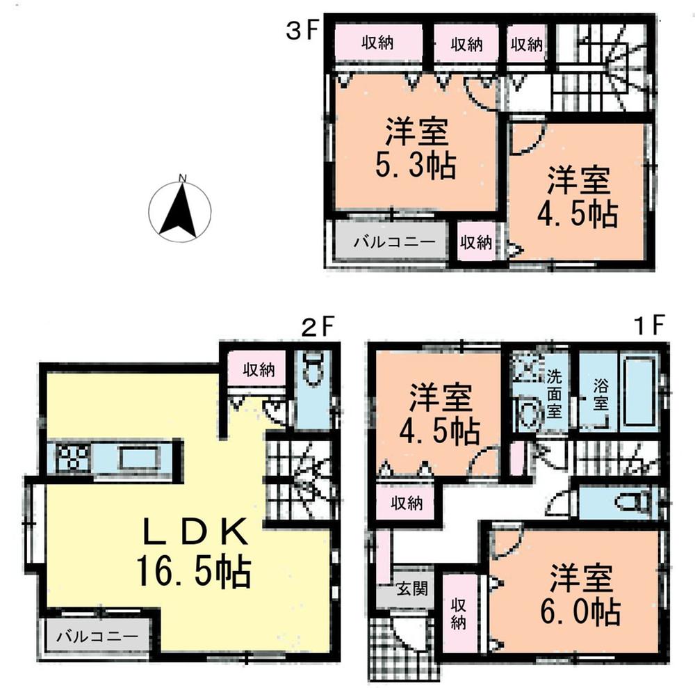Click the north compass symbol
click(180, 209)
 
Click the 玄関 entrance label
click(408, 589)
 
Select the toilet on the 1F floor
click(632, 501)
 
